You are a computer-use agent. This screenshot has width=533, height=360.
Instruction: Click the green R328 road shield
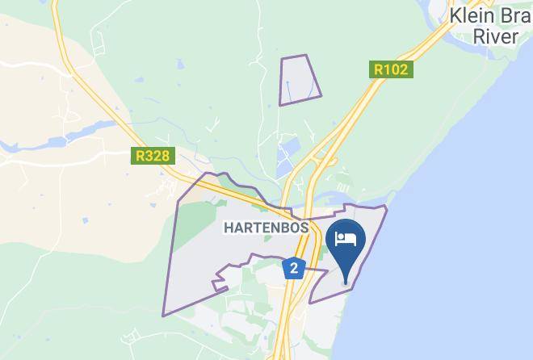153,156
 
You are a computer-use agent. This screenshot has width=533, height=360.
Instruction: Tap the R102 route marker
392,70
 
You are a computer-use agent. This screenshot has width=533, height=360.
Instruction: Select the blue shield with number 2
294,268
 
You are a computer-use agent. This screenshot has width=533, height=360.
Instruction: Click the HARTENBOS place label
266,228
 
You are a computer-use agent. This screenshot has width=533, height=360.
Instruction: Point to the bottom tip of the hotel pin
348,283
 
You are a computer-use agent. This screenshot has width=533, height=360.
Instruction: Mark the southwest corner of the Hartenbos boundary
164,314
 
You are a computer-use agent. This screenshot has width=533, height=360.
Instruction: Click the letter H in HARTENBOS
227,228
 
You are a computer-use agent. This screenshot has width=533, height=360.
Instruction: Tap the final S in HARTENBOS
304,228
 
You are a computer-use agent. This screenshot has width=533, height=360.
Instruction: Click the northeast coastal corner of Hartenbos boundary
386,207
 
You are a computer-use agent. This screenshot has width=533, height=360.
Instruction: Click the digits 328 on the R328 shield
157,156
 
